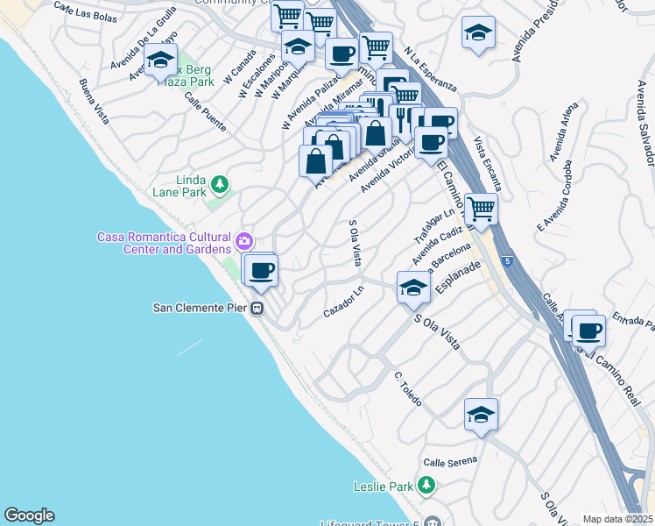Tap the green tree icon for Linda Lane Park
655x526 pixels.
coord(221,185)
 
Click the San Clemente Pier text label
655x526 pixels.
coord(200,308)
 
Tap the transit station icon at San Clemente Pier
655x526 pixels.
coord(258,308)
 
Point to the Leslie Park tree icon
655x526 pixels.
coord(426,485)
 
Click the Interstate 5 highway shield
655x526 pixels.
coord(508,260)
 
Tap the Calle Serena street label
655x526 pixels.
coord(450,460)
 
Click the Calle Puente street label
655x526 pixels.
coord(205,113)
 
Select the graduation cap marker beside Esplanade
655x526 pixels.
coord(413,287)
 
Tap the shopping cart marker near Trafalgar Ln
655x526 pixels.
coord(481,209)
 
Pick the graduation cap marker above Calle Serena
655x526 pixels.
coord(481,415)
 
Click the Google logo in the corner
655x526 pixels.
coord(29,515)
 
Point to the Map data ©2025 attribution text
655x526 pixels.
coord(617,519)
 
